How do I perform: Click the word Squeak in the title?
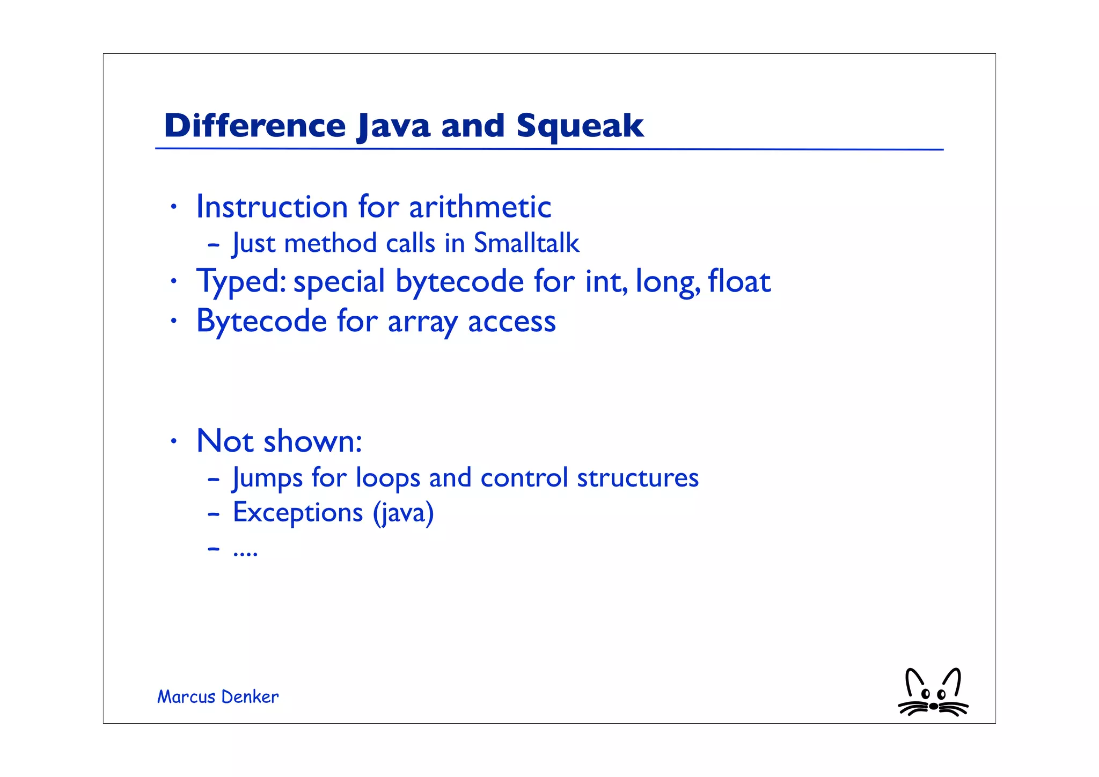[x=580, y=126]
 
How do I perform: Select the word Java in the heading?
[x=393, y=126]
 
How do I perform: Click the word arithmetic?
[x=480, y=207]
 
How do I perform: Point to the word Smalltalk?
[x=526, y=243]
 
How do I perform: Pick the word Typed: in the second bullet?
[x=241, y=282]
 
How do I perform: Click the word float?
[x=739, y=281]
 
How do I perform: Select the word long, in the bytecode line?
[x=668, y=282]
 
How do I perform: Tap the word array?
[x=422, y=322]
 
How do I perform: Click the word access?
[x=511, y=322]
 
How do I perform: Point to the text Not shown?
[x=279, y=441]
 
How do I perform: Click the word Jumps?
[x=267, y=478]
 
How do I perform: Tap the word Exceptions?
[x=298, y=512]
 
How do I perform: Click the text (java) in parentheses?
[x=403, y=513]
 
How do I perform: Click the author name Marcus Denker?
[x=218, y=697]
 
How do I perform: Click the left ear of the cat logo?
[x=913, y=680]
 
